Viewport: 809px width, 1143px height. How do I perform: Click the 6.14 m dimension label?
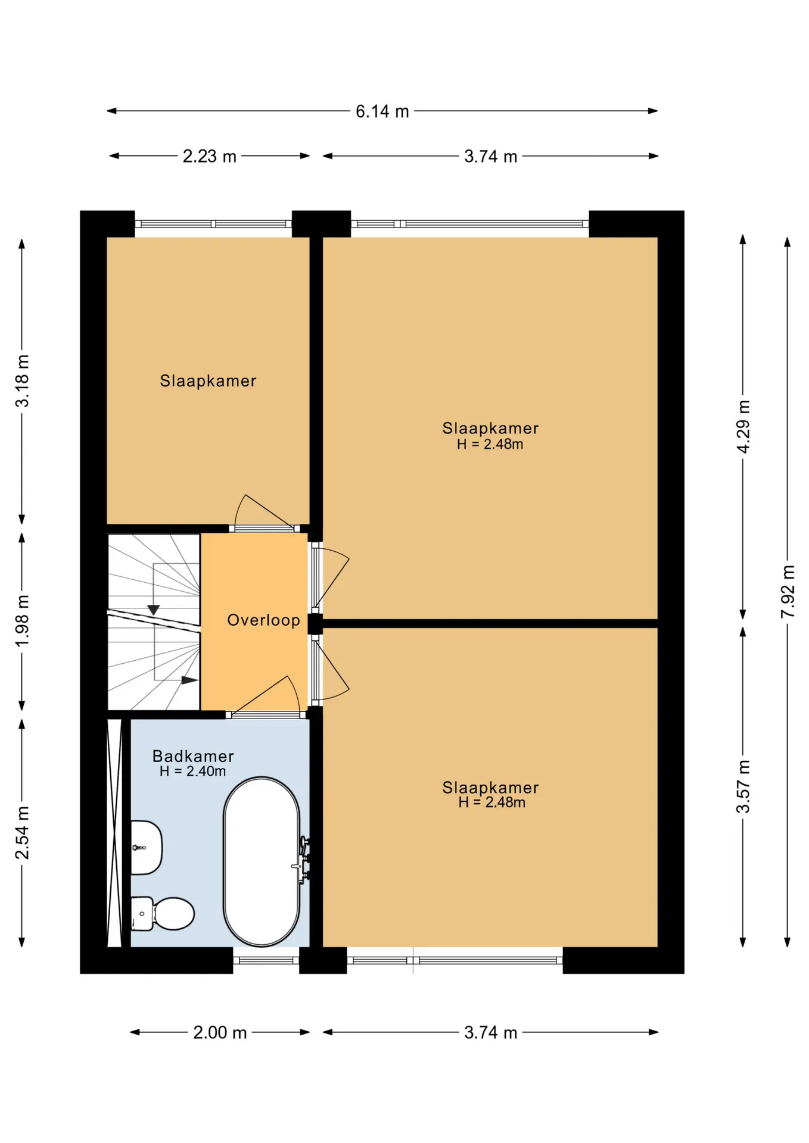(382, 111)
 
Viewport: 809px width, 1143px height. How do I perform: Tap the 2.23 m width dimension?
(210, 157)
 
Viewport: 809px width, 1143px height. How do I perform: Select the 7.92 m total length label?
(788, 591)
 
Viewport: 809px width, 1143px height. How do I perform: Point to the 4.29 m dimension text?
(743, 427)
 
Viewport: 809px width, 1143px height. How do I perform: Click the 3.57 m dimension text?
(743, 786)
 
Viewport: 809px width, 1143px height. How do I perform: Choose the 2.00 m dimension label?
(220, 1032)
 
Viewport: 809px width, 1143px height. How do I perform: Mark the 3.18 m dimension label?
(22, 381)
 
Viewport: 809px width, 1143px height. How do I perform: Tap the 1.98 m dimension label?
(22, 621)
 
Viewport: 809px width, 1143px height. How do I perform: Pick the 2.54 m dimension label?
(22, 833)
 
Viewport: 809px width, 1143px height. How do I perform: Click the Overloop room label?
(263, 620)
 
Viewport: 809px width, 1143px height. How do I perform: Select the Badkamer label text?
(193, 756)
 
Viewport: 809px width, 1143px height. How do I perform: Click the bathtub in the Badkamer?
(262, 861)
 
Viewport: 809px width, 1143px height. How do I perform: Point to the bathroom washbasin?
(146, 848)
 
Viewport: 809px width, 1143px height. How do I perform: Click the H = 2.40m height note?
(192, 772)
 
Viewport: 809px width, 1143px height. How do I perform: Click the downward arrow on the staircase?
(154, 610)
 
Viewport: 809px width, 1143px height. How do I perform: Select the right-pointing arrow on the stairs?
(189, 680)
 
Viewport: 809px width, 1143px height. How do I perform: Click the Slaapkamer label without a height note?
(208, 381)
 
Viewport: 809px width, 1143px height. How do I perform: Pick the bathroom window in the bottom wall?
(266, 960)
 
